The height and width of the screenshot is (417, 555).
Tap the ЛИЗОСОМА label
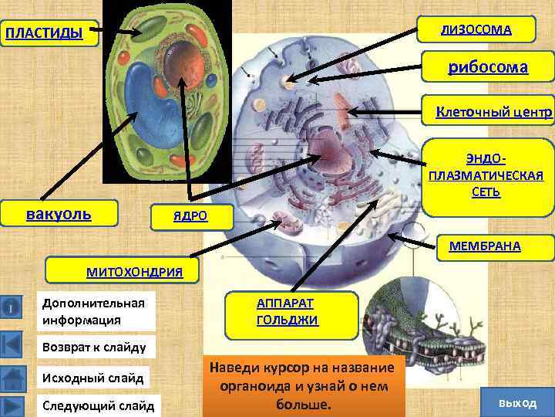point(476,30)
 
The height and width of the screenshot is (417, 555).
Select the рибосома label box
point(488,68)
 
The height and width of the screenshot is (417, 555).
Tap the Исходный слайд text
point(92,378)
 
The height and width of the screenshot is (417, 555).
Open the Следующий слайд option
point(98,405)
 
